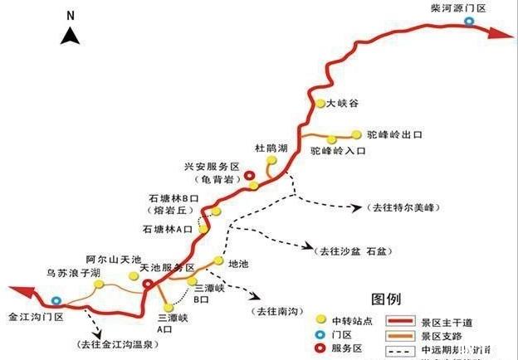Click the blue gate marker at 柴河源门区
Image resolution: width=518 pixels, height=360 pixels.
(470, 22)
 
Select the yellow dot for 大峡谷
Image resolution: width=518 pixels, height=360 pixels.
(320, 104)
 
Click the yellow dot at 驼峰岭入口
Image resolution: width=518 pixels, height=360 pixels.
(331, 139)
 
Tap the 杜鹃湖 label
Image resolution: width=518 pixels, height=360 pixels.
(271, 148)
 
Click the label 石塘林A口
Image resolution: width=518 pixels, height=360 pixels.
(168, 227)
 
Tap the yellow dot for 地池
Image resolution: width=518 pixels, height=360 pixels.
(218, 260)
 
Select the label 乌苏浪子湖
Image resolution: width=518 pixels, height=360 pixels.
(73, 272)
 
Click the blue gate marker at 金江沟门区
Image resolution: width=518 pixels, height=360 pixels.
(56, 301)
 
